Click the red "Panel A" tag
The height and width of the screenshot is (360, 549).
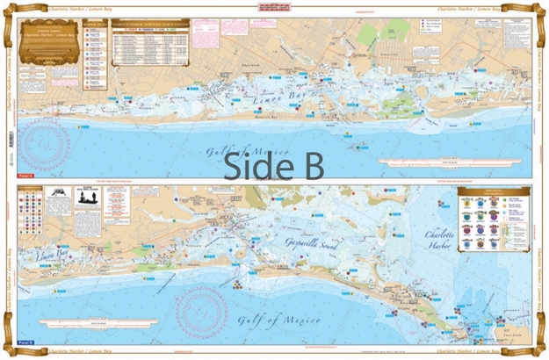[27, 176]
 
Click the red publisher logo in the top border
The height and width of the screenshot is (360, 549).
[274, 6]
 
